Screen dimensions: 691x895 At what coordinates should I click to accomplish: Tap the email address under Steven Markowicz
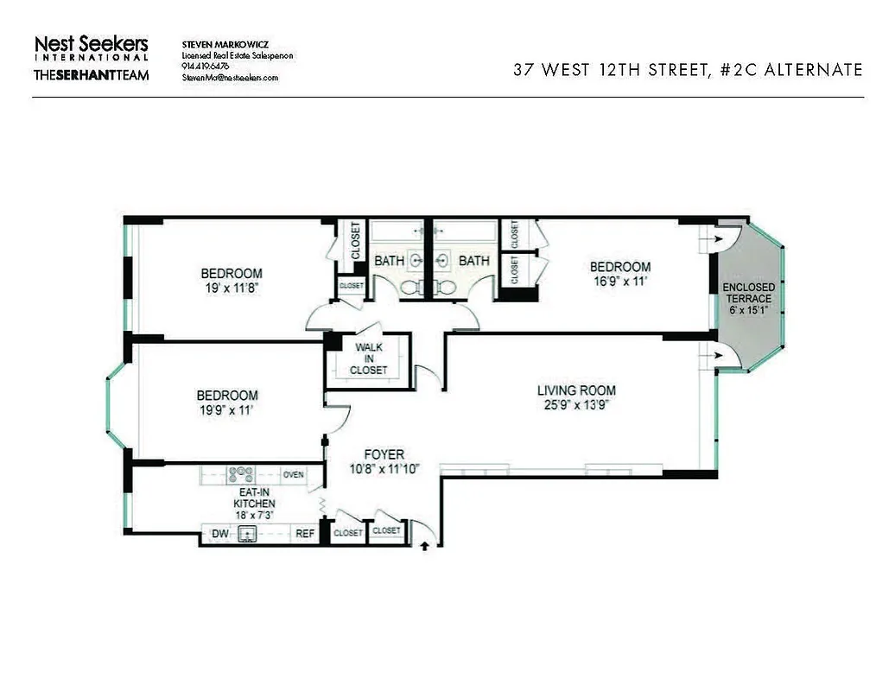coord(230,77)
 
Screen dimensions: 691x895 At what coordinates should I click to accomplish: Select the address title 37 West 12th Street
coord(688,70)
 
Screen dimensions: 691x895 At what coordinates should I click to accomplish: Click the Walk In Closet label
coord(368,358)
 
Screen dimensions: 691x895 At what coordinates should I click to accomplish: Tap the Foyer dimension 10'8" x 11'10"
coord(384,469)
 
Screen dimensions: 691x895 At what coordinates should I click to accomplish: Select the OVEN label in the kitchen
coord(294,474)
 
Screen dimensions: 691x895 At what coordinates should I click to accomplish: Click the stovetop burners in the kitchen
coord(240,474)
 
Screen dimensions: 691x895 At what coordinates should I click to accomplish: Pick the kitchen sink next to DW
coord(248,534)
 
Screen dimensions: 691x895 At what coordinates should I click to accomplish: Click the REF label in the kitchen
coord(305,534)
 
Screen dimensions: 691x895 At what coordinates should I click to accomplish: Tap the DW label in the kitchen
coord(219,534)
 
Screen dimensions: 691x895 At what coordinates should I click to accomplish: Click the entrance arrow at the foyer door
coord(423,546)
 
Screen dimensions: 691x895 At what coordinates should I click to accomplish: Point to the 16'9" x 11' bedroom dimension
coord(619,281)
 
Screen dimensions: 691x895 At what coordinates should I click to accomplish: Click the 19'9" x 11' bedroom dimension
coord(228,410)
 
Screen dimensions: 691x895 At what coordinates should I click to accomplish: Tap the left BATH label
coord(388,260)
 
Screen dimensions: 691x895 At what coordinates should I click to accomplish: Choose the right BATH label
coord(473,260)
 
